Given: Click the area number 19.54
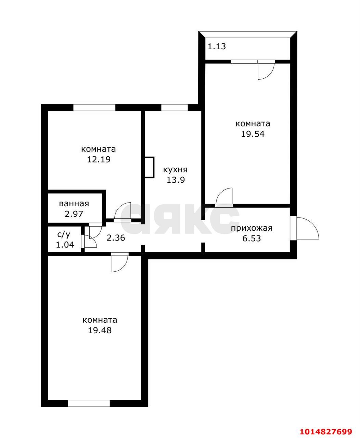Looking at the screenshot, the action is tap(253, 134).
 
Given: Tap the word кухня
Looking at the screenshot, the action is tap(175, 170).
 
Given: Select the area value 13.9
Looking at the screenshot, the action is tap(176, 180).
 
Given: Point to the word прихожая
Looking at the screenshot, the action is tap(252, 228).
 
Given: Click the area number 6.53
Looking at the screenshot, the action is tap(252, 239).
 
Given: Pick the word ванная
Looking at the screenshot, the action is tap(74, 204).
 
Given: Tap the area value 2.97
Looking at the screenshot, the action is tap(74, 214).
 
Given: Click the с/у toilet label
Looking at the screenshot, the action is tap(64, 235).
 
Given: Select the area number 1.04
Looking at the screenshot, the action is tap(65, 245).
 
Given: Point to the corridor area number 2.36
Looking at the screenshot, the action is tap(116, 238).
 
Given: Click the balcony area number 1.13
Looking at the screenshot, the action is tap(217, 46).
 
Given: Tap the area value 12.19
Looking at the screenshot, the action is tap(99, 159).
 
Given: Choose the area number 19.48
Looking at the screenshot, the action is tap(100, 331).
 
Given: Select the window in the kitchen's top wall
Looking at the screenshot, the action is tap(175, 107).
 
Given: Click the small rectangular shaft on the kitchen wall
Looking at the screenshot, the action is tap(149, 167).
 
